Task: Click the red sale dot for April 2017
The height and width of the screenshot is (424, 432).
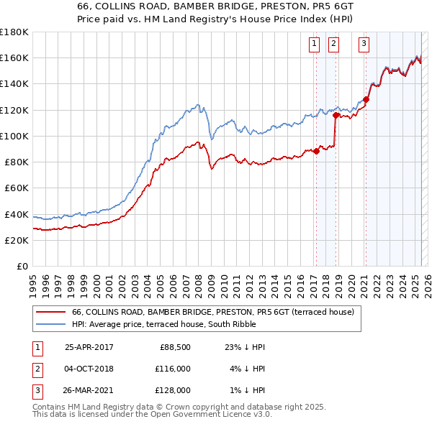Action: click(x=316, y=151)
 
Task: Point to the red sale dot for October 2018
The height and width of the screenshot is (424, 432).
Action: click(x=336, y=115)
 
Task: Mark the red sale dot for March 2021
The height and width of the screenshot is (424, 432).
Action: click(x=366, y=99)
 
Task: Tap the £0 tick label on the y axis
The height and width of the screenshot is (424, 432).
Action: click(x=23, y=266)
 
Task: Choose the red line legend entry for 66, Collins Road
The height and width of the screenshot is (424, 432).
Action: click(x=212, y=313)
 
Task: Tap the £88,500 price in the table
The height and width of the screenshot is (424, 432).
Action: click(x=174, y=347)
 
